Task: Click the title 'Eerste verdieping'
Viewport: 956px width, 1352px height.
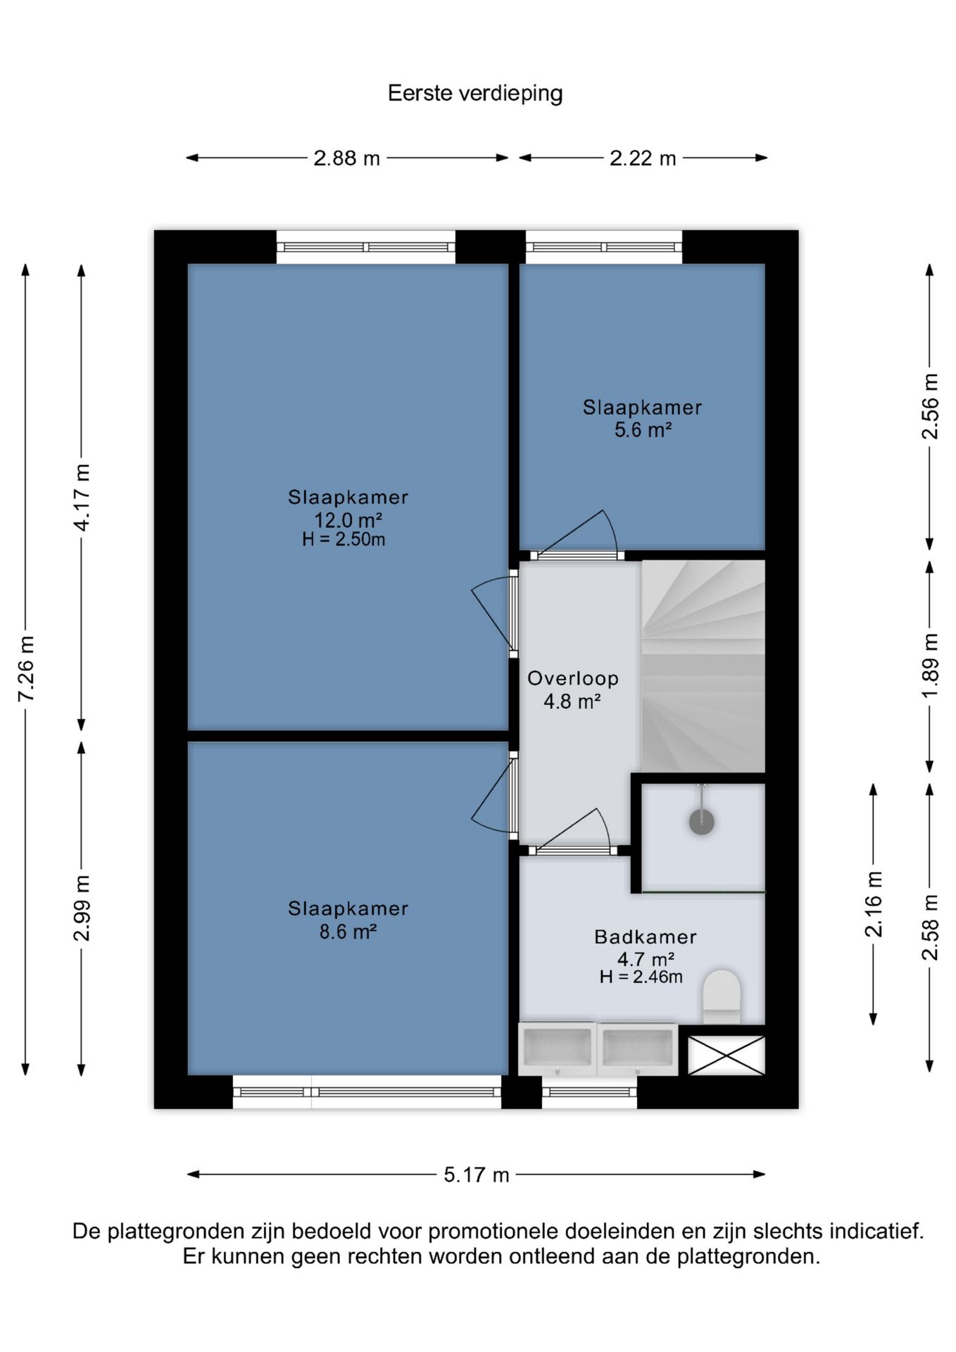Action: pyautogui.click(x=475, y=94)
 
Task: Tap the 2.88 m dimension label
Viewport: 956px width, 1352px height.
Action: pyautogui.click(x=346, y=158)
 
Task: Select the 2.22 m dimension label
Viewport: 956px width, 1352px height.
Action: pyautogui.click(x=643, y=158)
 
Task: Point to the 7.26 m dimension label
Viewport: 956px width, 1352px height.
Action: pyautogui.click(x=26, y=669)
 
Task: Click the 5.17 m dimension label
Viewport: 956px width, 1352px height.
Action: pyautogui.click(x=477, y=1175)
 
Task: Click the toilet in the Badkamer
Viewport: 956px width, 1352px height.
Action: pyautogui.click(x=722, y=996)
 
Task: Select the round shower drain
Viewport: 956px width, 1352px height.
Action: pyautogui.click(x=702, y=822)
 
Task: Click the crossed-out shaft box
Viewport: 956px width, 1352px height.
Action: pyautogui.click(x=726, y=1055)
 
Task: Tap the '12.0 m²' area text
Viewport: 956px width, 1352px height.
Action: pyautogui.click(x=348, y=520)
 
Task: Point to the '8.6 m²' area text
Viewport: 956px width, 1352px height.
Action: pyautogui.click(x=348, y=932)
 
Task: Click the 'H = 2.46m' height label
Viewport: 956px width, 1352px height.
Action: pyautogui.click(x=641, y=977)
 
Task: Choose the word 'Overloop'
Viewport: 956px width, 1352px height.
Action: pyautogui.click(x=573, y=678)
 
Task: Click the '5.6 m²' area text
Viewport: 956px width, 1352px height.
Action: pyautogui.click(x=643, y=430)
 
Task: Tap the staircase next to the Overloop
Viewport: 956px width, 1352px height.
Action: pyautogui.click(x=703, y=666)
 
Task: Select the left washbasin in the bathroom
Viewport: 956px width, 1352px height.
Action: pyautogui.click(x=557, y=1049)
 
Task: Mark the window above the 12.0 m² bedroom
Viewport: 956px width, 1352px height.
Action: pyautogui.click(x=365, y=247)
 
